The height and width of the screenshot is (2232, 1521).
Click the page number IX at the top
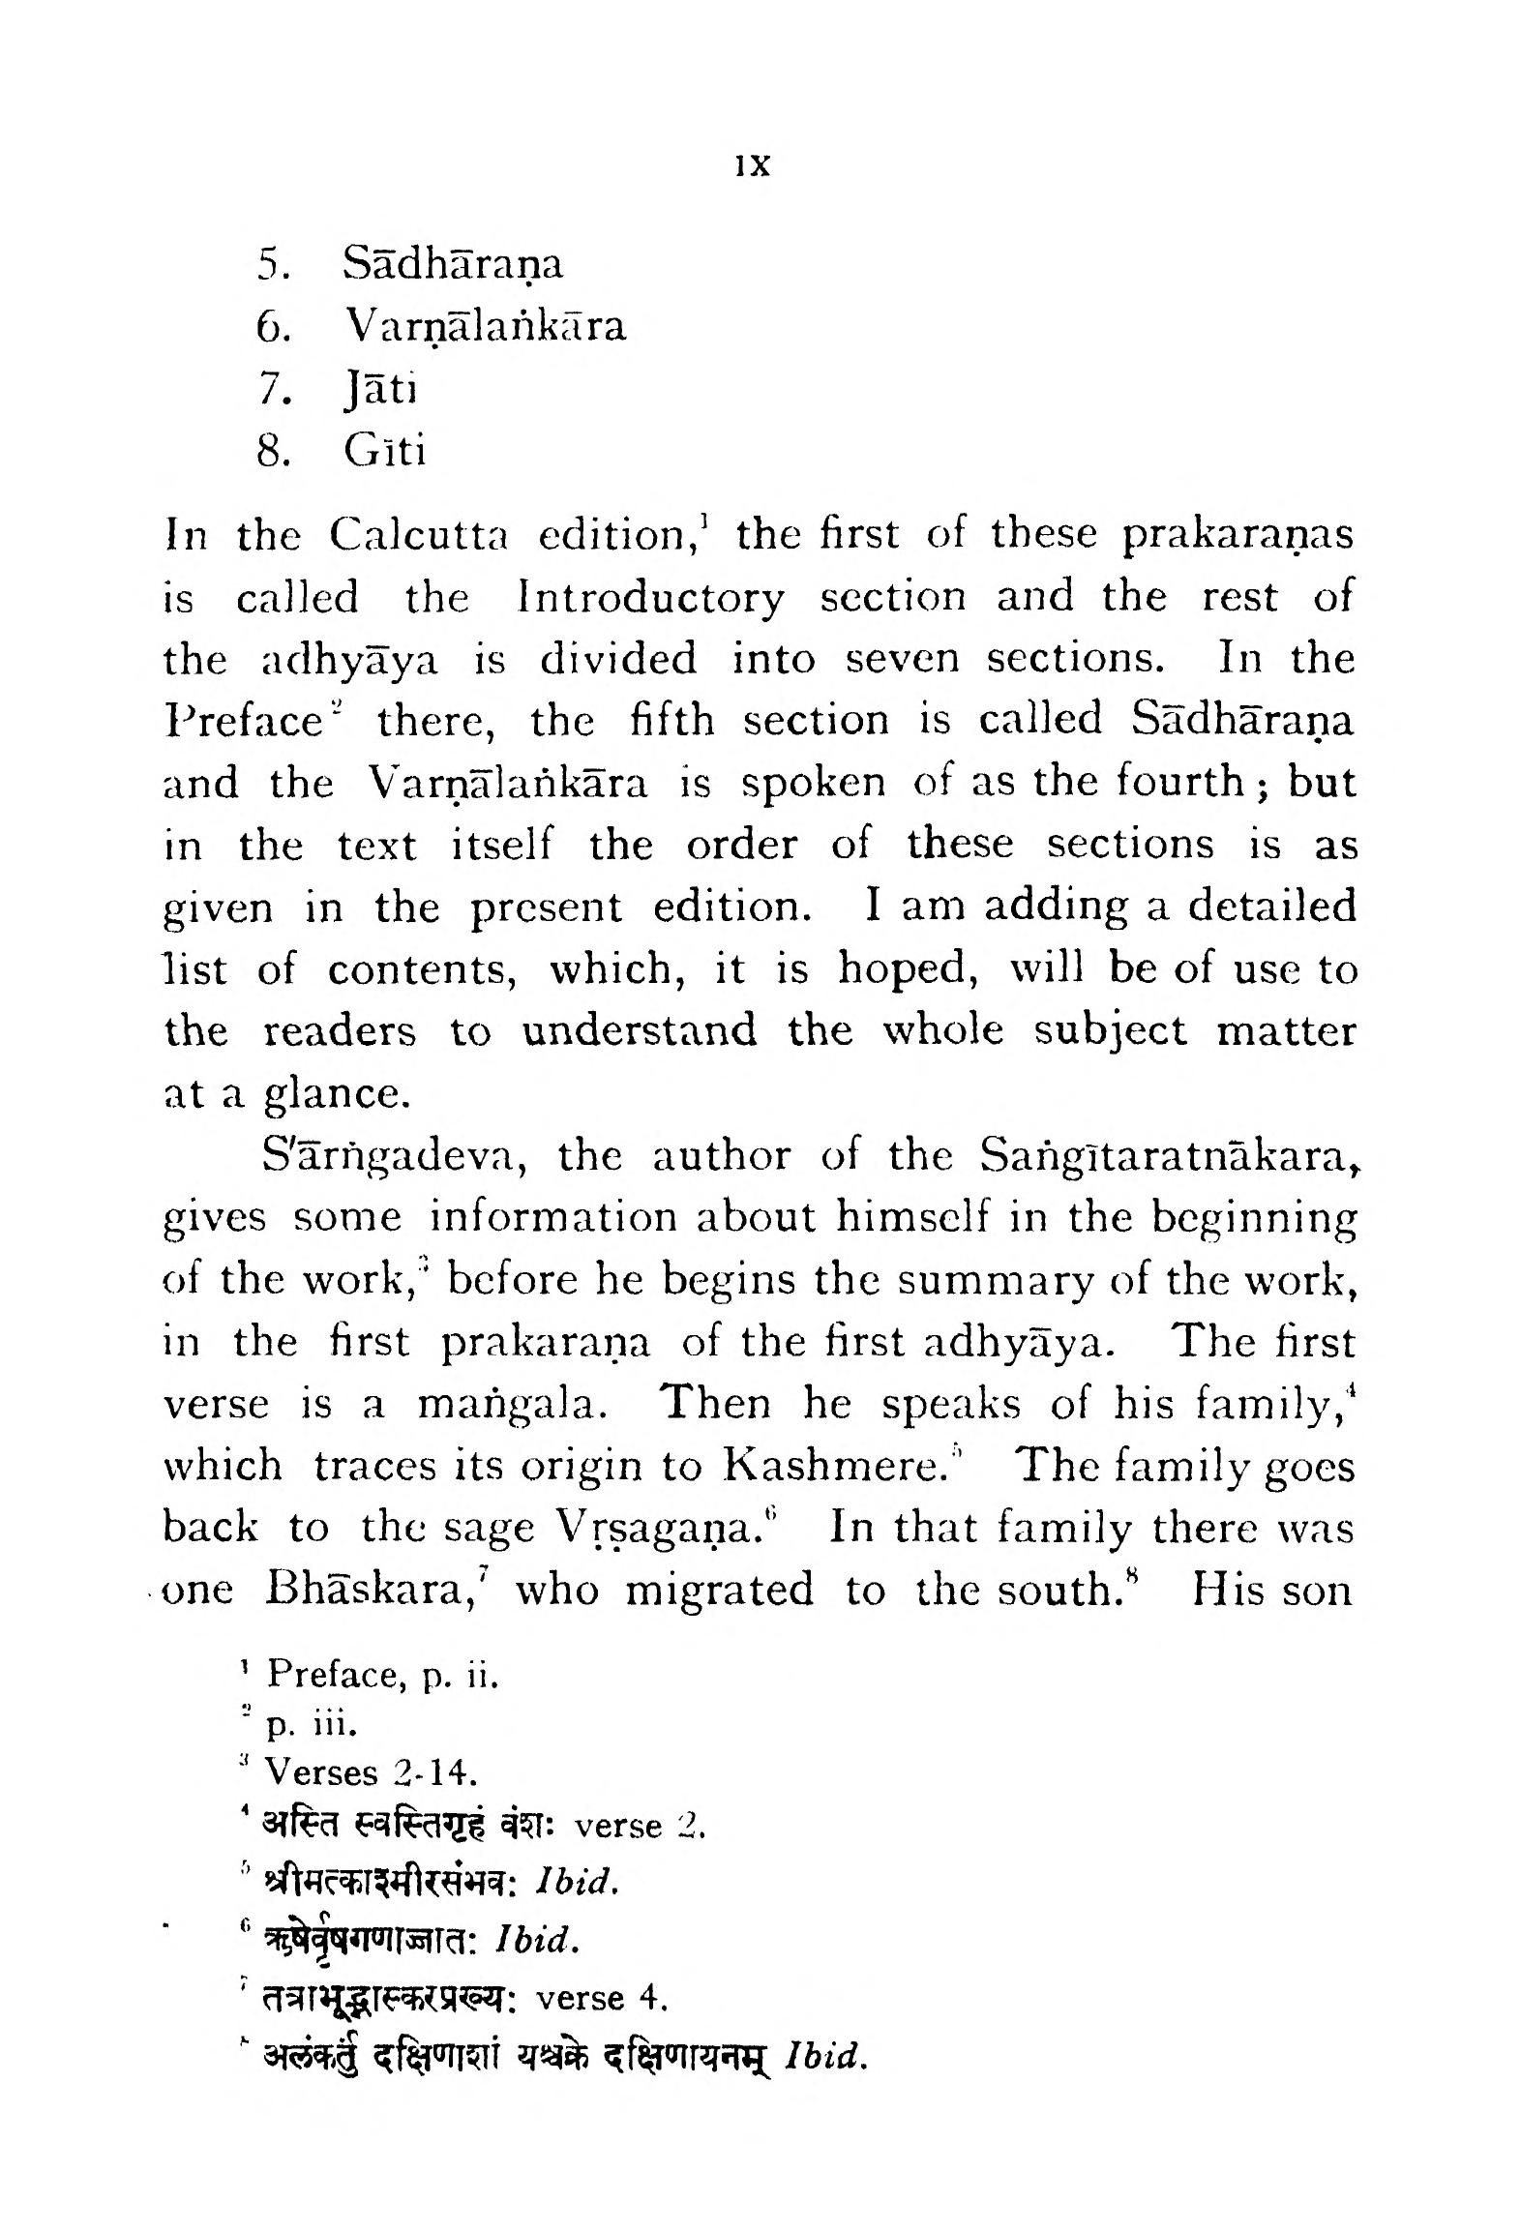pos(752,166)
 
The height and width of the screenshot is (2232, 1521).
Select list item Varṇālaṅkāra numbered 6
pos(484,327)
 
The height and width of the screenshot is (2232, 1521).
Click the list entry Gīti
pos(384,451)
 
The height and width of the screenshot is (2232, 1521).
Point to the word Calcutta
pos(419,536)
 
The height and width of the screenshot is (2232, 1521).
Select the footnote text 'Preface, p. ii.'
pos(382,1673)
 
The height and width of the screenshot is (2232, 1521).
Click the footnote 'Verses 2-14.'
pos(372,1772)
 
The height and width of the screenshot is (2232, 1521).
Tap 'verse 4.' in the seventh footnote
pos(602,1998)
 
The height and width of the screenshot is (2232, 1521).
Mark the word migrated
pos(720,1592)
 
